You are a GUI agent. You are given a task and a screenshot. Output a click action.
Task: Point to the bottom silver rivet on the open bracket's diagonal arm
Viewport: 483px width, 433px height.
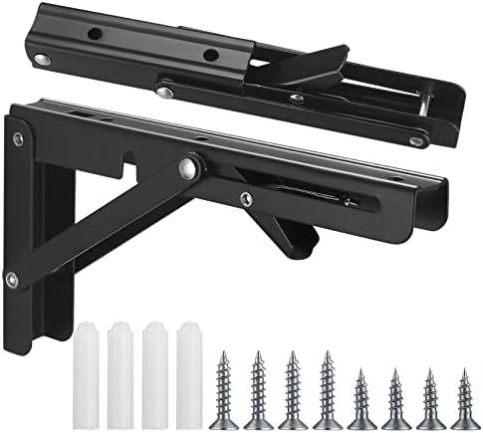[x=11, y=281]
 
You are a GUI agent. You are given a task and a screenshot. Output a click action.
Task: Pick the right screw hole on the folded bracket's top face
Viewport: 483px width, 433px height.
[x=211, y=55]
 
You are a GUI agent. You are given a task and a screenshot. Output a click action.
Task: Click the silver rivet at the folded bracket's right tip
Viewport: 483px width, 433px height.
[x=417, y=140]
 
